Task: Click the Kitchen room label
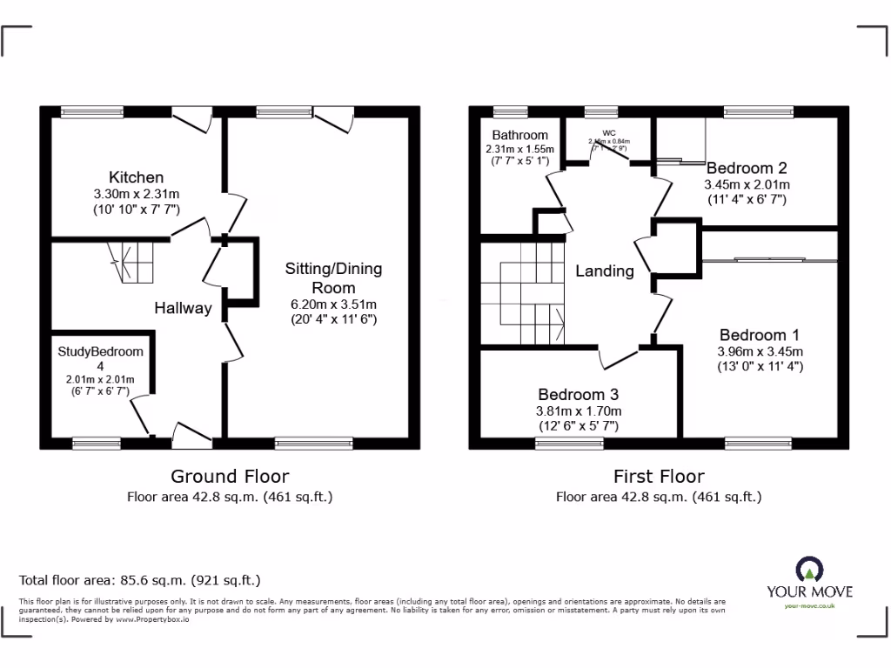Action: [x=136, y=177]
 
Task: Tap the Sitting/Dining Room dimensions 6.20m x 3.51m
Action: [x=333, y=304]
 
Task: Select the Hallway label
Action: [x=183, y=308]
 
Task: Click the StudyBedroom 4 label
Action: [x=100, y=359]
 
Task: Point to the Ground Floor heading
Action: [x=230, y=476]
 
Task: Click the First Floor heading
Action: [x=659, y=476]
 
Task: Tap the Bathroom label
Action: [x=519, y=135]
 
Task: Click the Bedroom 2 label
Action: [x=747, y=168]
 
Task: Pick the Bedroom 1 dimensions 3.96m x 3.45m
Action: [x=760, y=351]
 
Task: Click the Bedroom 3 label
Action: [x=578, y=394]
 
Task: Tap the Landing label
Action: [x=604, y=271]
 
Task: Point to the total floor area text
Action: [x=140, y=579]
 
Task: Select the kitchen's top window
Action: [x=91, y=111]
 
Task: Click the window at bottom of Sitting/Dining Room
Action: [x=313, y=444]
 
